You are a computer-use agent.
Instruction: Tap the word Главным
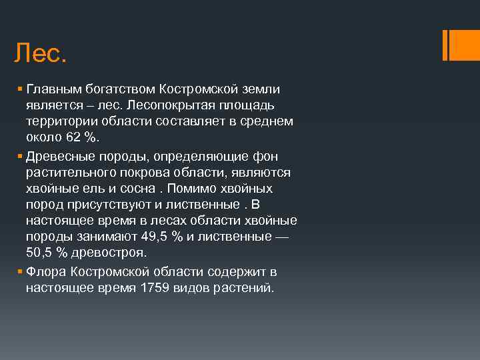click(51, 89)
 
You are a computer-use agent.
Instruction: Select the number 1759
click(155, 288)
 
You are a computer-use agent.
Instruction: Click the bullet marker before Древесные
click(21, 156)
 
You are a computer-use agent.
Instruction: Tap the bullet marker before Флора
click(21, 272)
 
